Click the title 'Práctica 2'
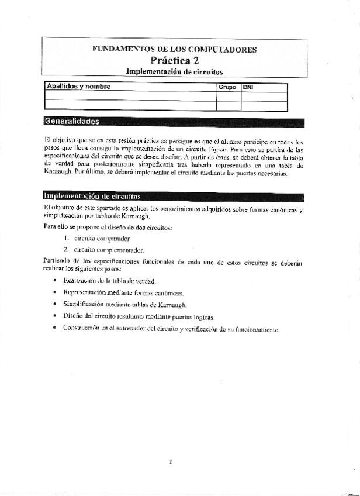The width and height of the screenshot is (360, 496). pyautogui.click(x=174, y=61)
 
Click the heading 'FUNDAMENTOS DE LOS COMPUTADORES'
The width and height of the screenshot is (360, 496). pyautogui.click(x=174, y=50)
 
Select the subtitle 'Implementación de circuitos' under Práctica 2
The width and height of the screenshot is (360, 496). pyautogui.click(x=174, y=71)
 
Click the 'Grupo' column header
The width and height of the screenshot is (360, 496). pyautogui.click(x=227, y=87)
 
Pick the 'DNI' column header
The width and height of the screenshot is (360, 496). pyautogui.click(x=248, y=87)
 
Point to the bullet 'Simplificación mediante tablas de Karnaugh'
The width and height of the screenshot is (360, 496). pyautogui.click(x=124, y=304)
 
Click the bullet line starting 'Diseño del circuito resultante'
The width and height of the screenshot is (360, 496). pyautogui.click(x=139, y=317)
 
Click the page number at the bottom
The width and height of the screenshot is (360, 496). pyautogui.click(x=171, y=462)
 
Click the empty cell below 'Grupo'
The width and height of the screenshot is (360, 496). pyautogui.click(x=228, y=97)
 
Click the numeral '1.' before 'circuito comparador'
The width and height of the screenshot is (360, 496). pyautogui.click(x=67, y=238)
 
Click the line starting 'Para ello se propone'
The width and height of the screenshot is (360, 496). pyautogui.click(x=108, y=226)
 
